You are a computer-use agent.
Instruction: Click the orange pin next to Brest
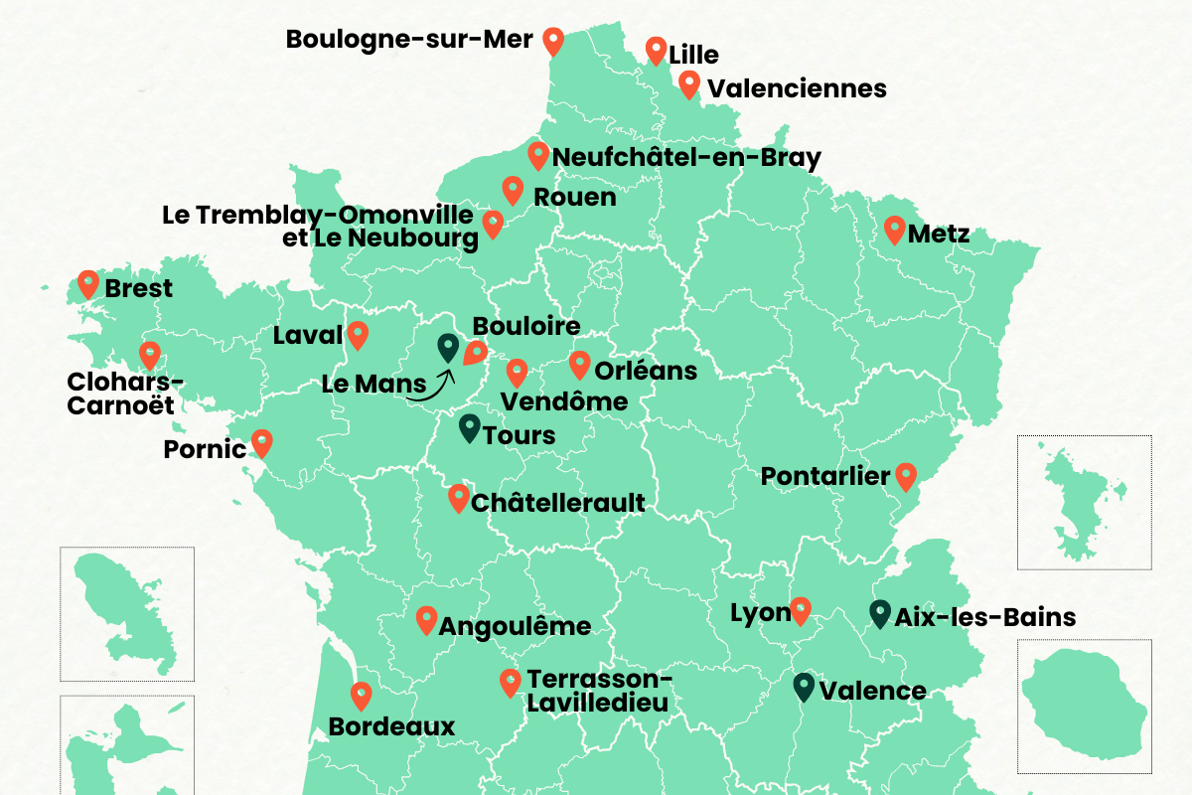tap(88, 284)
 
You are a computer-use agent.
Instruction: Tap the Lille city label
tap(694, 55)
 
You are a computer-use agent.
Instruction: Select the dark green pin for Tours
tap(469, 428)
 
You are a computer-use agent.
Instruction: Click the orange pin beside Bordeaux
tap(362, 695)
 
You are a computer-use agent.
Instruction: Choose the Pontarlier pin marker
tap(905, 476)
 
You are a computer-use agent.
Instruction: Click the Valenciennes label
tap(797, 88)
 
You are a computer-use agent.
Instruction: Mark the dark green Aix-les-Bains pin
tap(879, 613)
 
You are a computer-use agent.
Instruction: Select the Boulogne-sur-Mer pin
tap(553, 41)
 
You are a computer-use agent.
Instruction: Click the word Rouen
tap(575, 197)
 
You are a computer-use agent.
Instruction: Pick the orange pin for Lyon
tap(801, 610)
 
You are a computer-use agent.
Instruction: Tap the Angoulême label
tap(515, 627)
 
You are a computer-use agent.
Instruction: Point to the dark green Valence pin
tap(805, 686)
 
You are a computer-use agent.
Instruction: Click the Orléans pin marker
tap(579, 364)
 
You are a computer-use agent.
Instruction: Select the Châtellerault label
tap(558, 503)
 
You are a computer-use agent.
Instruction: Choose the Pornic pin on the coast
tap(261, 442)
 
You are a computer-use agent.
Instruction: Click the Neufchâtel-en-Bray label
tap(686, 157)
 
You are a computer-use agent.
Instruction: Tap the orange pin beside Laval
tap(358, 335)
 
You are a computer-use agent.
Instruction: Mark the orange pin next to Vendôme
tap(517, 373)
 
